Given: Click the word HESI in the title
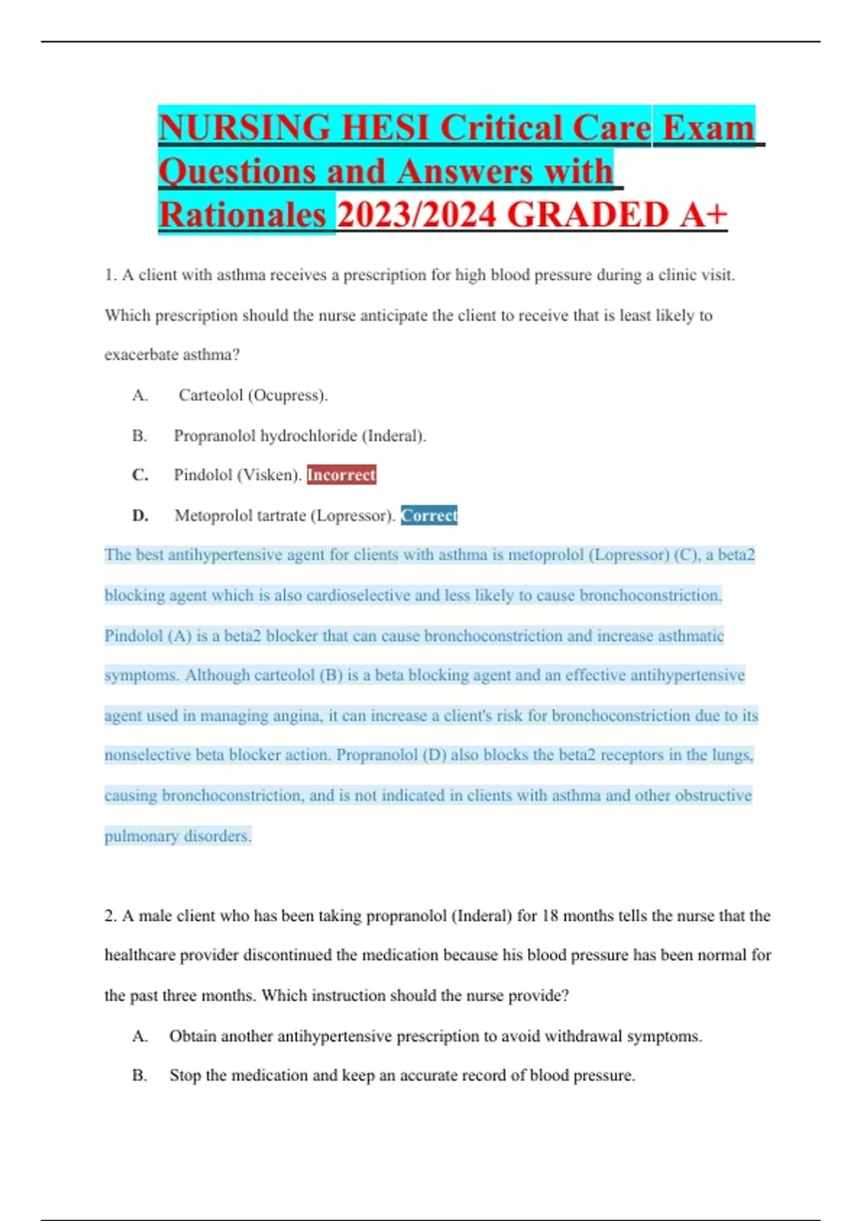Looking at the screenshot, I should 385,128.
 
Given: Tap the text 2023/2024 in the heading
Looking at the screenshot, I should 417,215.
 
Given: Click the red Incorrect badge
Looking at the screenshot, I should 341,475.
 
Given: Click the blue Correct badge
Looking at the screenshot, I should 429,515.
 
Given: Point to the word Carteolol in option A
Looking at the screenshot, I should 210,395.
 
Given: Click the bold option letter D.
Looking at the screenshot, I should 139,515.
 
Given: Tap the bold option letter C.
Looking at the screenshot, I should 139,475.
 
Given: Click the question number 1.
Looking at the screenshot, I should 110,275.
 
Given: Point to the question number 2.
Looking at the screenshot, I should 110,916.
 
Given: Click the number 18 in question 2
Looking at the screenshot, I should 550,916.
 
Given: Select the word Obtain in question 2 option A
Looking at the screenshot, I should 193,1036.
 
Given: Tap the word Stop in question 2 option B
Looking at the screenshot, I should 185,1075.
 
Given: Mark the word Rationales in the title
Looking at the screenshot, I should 242,215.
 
